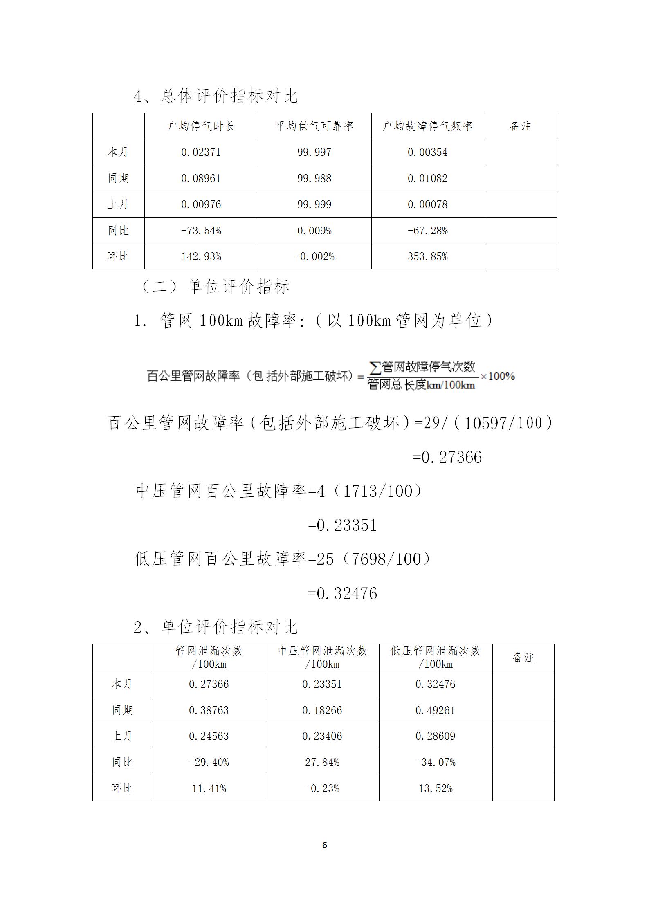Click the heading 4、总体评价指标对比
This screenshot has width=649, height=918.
click(x=216, y=96)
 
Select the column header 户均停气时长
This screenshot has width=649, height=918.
click(x=201, y=126)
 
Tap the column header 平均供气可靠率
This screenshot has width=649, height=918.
click(x=314, y=126)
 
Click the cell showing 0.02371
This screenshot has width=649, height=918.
click(x=201, y=152)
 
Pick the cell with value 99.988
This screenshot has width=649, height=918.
click(x=314, y=178)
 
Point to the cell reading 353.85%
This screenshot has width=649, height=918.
click(x=428, y=256)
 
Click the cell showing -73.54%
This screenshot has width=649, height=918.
click(x=201, y=231)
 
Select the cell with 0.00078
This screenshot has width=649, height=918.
click(x=428, y=204)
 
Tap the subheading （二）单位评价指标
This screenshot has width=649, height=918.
click(x=215, y=287)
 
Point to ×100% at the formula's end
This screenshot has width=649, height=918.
click(x=497, y=376)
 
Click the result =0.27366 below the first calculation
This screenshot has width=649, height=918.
click(x=447, y=457)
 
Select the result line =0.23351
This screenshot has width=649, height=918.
click(x=342, y=525)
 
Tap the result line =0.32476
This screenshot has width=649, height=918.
click(x=342, y=593)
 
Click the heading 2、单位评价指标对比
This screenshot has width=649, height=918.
click(x=216, y=627)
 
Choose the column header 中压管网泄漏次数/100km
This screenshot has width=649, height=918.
click(x=323, y=657)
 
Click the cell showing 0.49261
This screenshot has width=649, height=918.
click(x=435, y=710)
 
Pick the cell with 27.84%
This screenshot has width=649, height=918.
click(x=322, y=762)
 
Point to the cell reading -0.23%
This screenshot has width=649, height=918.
click(x=322, y=788)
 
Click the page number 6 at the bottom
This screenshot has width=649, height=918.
click(x=325, y=846)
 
